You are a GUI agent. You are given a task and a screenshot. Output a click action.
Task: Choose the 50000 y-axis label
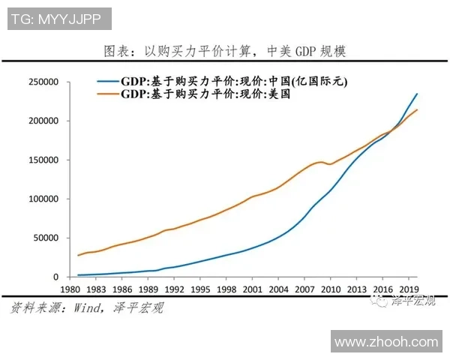click(46, 238)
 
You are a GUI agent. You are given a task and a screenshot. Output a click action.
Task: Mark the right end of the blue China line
click(418, 94)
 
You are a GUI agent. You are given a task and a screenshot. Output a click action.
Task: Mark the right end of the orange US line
click(418, 110)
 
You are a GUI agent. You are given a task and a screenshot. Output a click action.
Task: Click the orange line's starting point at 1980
click(78, 256)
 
